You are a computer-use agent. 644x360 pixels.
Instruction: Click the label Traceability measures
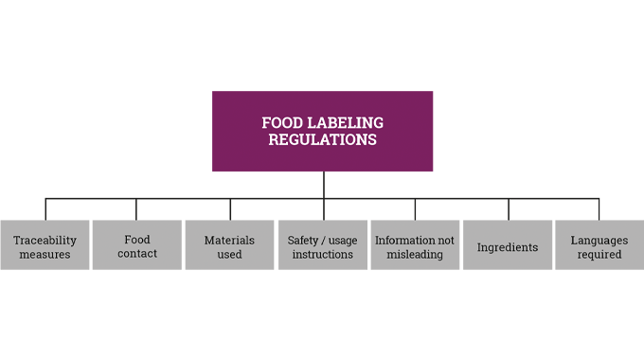point(45,247)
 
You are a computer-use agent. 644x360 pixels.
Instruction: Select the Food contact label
point(137,246)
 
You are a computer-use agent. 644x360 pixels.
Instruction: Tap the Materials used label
point(229,247)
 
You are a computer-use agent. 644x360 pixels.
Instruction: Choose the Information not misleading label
point(415,247)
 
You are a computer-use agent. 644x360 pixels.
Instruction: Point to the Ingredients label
point(507,247)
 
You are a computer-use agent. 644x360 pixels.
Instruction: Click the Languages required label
point(599,247)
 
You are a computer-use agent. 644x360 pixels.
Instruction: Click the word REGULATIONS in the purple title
point(322,139)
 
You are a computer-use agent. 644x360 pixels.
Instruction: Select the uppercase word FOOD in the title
point(280,123)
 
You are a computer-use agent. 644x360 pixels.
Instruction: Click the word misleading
point(415,255)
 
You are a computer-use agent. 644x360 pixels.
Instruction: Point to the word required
point(599,255)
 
